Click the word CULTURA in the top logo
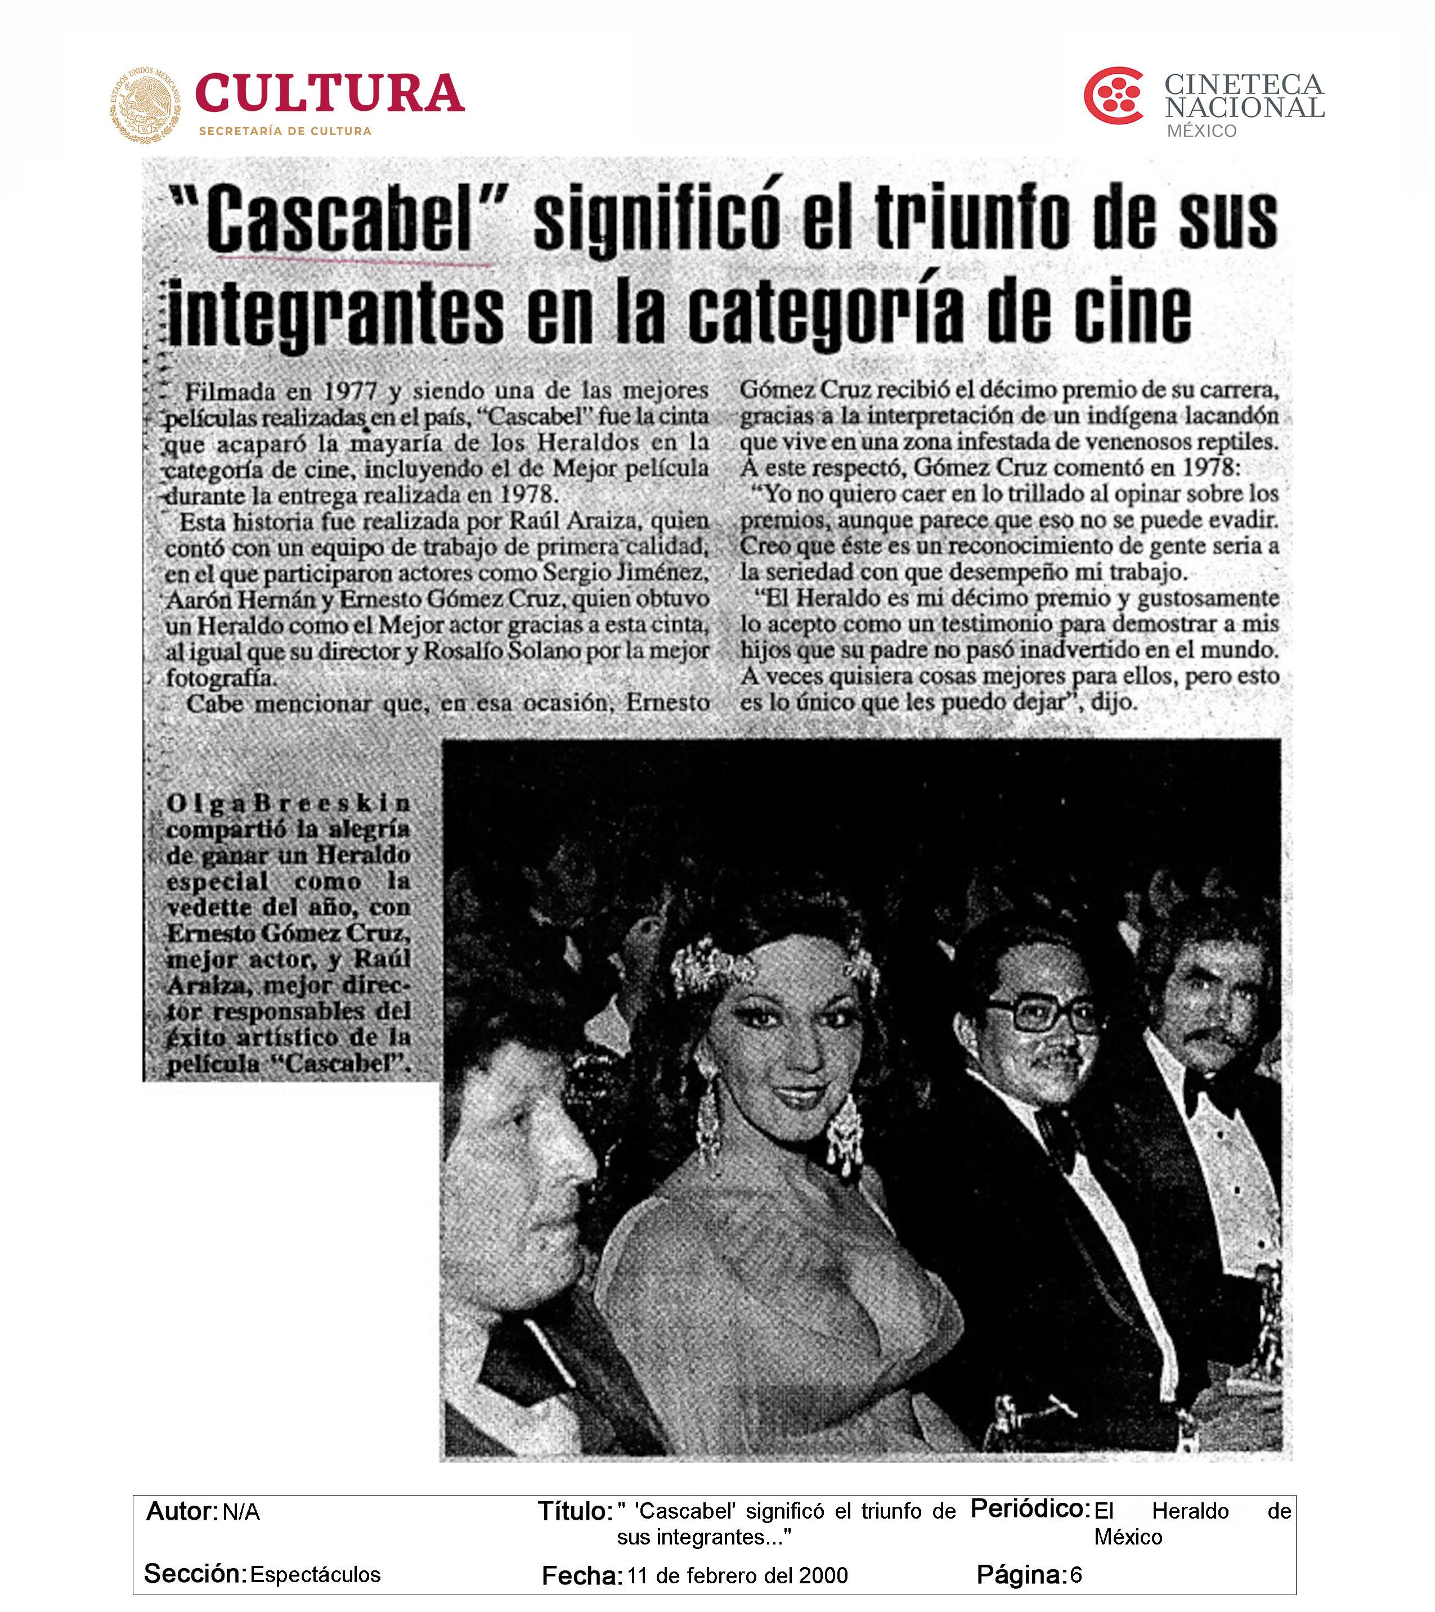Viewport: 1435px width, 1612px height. click(x=329, y=94)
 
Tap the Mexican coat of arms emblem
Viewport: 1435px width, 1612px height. click(x=145, y=105)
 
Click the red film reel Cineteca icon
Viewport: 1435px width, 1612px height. click(x=1113, y=96)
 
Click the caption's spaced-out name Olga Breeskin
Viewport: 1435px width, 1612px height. click(x=289, y=803)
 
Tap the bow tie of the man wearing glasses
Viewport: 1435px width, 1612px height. click(x=1057, y=1133)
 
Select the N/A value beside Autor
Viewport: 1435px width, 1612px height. click(x=241, y=1512)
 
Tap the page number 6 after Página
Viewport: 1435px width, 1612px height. click(x=1075, y=1574)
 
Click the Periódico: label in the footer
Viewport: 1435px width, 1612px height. click(x=1029, y=1508)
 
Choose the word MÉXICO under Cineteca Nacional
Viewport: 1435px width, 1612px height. click(x=1201, y=131)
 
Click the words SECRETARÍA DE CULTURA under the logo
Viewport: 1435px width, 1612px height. click(x=285, y=131)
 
